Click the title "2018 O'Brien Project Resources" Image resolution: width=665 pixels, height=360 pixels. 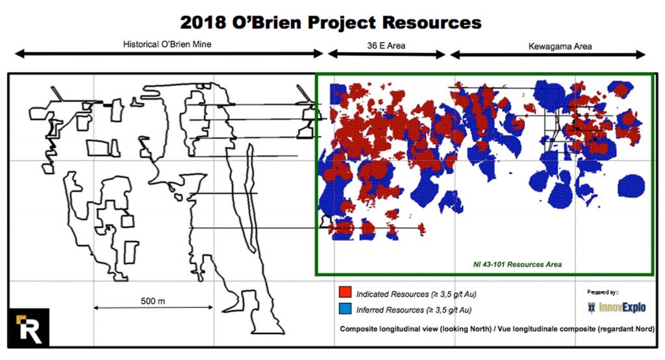pos(331,22)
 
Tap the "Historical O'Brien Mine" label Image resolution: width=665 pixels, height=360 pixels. pos(167,44)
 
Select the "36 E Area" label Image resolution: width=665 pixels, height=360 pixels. pos(386,45)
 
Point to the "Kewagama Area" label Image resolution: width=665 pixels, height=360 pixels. pos(560,46)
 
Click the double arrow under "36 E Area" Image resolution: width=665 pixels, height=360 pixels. pos(386,54)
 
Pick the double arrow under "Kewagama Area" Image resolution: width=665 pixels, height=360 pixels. pos(547,55)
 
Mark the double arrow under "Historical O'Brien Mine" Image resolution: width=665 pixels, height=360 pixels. pos(169,53)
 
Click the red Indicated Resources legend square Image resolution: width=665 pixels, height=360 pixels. pos(345,292)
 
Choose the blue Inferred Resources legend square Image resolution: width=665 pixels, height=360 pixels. pos(345,309)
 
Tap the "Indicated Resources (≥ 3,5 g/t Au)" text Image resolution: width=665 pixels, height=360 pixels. pos(416,294)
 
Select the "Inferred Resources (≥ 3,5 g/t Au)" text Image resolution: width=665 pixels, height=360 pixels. pos(414,310)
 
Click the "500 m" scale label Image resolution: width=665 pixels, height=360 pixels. pos(153,301)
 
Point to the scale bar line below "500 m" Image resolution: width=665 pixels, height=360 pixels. pos(153,307)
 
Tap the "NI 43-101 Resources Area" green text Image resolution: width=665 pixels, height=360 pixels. pos(518,264)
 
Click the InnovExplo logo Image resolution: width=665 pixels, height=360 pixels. pos(617,307)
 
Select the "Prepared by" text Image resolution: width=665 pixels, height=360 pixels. pos(603,292)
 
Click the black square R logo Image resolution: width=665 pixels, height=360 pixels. pos(29,328)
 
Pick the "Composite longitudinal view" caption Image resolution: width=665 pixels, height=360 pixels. pos(497,329)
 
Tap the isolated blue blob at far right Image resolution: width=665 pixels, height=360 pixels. pos(631,185)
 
